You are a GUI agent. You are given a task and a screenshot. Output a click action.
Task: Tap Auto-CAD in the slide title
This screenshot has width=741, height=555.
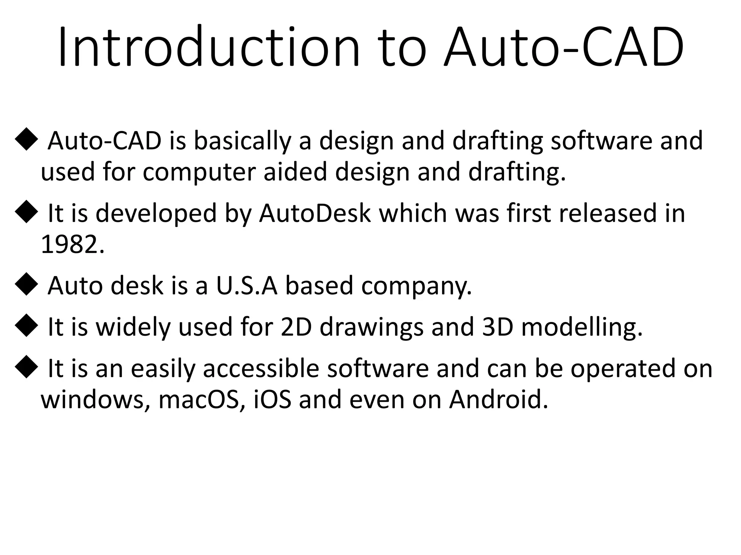coord(564,47)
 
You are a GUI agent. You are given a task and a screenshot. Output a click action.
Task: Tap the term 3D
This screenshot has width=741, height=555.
coord(497,327)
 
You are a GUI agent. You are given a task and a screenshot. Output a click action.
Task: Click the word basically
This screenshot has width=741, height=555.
coord(242,141)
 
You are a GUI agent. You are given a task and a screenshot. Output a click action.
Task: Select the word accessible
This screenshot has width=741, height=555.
coord(261,368)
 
